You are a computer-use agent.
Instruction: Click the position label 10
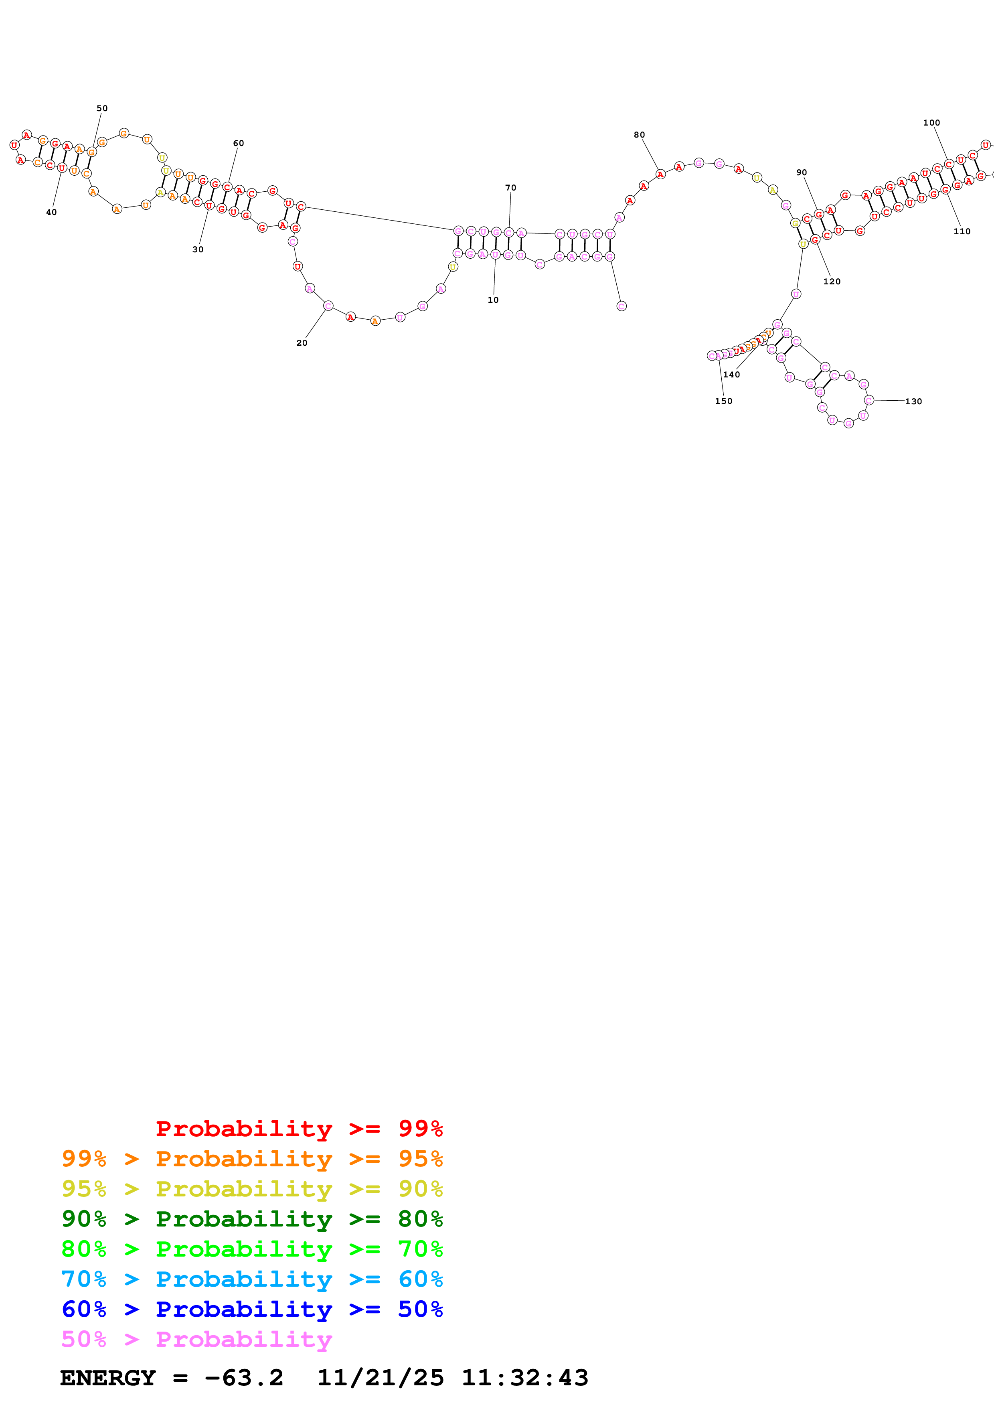pyautogui.click(x=493, y=300)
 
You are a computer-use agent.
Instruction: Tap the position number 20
pyautogui.click(x=302, y=343)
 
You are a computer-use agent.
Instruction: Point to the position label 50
pyautogui.click(x=102, y=108)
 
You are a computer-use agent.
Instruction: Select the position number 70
pyautogui.click(x=511, y=188)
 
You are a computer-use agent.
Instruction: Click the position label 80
pyautogui.click(x=640, y=135)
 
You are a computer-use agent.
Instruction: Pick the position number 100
pyautogui.click(x=931, y=123)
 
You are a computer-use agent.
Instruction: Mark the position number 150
pyautogui.click(x=723, y=401)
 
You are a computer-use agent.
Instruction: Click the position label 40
pyautogui.click(x=51, y=212)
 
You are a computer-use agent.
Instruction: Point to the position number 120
pyautogui.click(x=832, y=281)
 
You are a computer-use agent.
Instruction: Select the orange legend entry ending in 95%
pyautogui.click(x=252, y=1158)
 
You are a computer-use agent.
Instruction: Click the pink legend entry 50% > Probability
pyautogui.click(x=196, y=1338)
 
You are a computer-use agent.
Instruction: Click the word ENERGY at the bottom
pyautogui.click(x=108, y=1378)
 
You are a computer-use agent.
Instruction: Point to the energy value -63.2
pyautogui.click(x=244, y=1378)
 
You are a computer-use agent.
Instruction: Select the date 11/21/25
pyautogui.click(x=381, y=1378)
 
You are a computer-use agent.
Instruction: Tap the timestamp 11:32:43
pyautogui.click(x=525, y=1378)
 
